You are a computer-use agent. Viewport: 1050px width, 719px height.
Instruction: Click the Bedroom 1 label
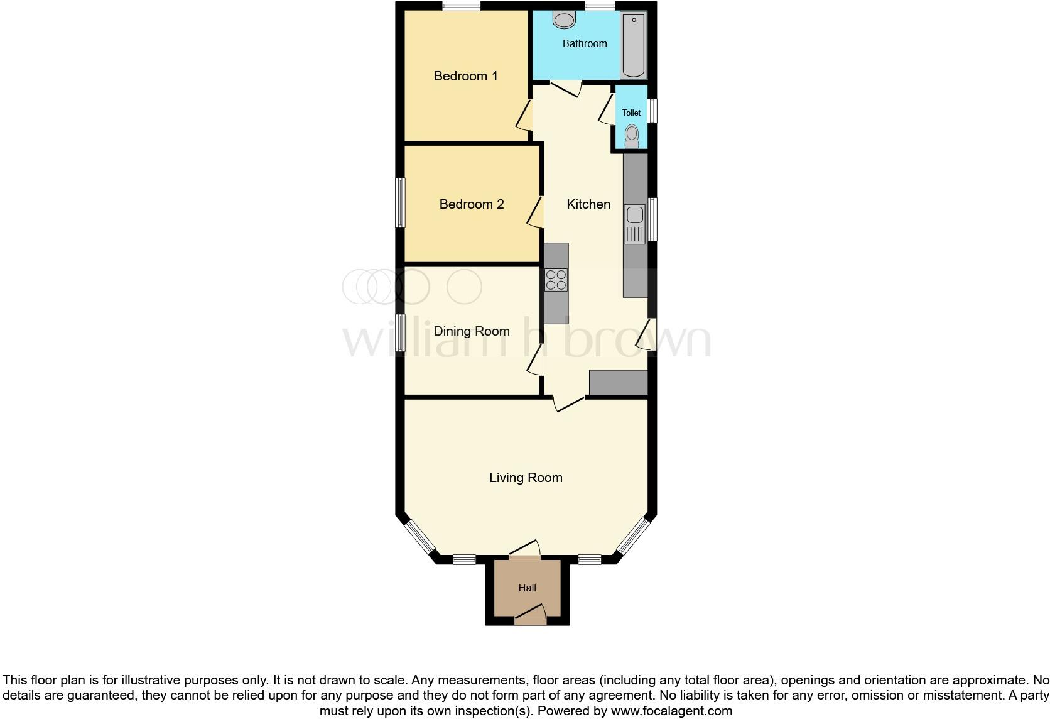coord(465,76)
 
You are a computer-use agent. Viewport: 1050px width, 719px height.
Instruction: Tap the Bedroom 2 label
coord(471,204)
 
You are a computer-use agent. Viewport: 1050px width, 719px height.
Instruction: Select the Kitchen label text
coord(588,204)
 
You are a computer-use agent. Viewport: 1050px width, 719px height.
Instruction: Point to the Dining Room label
coord(471,331)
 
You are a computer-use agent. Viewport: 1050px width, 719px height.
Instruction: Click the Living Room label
coord(526,478)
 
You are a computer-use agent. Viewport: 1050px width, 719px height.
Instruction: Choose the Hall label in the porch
coord(527,588)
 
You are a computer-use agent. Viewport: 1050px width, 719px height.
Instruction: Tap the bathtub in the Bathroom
coord(633,45)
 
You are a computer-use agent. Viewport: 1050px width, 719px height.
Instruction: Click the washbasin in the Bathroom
coord(564,20)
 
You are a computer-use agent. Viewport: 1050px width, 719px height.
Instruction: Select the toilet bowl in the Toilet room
coord(632,134)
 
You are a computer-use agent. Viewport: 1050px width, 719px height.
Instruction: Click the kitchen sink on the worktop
coord(634,224)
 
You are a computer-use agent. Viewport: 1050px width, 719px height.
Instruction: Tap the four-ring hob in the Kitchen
coord(556,280)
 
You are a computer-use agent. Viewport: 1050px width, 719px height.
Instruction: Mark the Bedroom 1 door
coord(524,117)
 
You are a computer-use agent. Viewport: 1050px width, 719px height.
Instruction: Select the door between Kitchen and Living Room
coord(568,405)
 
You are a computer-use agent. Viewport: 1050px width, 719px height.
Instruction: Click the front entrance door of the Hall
coord(530,614)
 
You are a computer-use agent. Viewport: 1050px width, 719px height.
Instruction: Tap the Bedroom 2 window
coord(399,202)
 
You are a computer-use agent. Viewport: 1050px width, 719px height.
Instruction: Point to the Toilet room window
coord(652,111)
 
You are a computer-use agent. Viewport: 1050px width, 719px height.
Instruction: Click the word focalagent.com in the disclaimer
coord(672,711)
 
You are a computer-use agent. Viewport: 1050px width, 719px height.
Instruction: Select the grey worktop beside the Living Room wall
coord(618,382)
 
